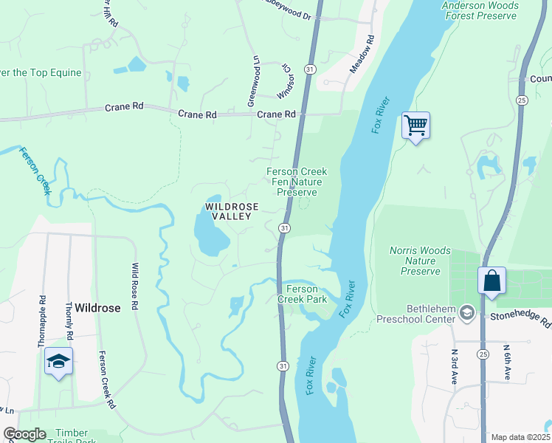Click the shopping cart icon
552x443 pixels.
(415, 126)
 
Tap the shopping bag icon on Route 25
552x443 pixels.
(491, 281)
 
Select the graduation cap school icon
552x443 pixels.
(58, 362)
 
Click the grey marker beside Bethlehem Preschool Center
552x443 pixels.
(466, 314)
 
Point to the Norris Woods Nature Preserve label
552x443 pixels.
(420, 261)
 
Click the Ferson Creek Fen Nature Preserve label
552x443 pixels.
(297, 182)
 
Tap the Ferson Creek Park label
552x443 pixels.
(302, 294)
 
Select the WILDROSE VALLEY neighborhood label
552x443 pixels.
(232, 212)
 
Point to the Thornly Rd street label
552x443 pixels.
(69, 321)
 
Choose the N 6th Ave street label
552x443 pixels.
(507, 362)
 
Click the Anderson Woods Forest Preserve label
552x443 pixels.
(480, 11)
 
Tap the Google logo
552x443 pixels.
(25, 434)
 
